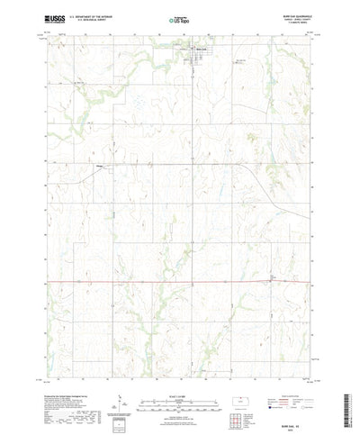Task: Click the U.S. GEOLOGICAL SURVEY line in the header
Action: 85,21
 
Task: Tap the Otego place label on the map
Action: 101,166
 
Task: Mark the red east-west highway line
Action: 135,281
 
